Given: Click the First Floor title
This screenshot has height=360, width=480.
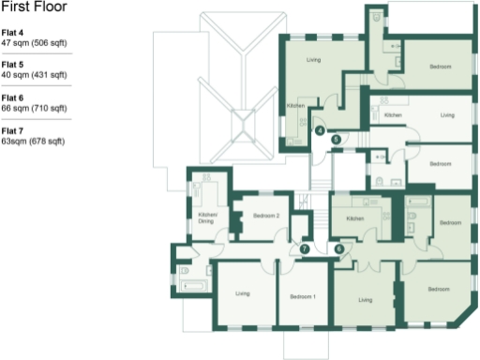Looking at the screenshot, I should click(34, 7).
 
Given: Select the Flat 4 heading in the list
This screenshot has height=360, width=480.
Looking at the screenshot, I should click(12, 33).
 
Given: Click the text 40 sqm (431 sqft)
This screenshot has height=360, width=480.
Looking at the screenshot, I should click(34, 74).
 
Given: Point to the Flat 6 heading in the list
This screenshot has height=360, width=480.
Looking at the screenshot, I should click(12, 97).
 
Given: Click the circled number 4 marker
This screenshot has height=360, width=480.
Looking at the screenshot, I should click(320, 131).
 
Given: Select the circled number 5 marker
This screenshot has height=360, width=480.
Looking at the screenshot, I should click(336, 139).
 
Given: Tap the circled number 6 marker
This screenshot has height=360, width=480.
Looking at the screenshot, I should click(338, 248).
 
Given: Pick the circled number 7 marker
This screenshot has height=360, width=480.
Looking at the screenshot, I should click(305, 249).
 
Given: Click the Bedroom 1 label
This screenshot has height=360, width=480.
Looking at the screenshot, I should click(302, 296).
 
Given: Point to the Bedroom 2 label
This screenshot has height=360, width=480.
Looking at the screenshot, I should click(266, 217).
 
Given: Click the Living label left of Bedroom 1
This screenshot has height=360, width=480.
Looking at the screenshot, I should click(243, 295).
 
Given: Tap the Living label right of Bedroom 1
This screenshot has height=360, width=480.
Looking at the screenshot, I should click(365, 300).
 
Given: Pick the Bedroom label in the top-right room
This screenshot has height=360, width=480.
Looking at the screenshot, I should click(441, 67).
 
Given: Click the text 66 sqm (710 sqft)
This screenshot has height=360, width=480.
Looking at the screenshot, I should click(34, 107).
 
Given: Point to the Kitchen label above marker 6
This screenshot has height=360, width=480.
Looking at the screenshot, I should click(354, 218).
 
